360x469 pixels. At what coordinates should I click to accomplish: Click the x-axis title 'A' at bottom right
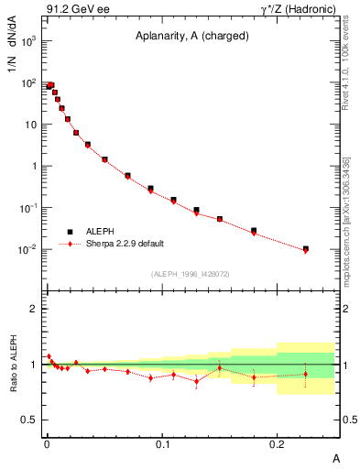(337, 457)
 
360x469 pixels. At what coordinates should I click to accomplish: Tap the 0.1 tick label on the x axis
(162, 444)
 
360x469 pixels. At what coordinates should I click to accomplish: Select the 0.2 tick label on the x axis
(278, 444)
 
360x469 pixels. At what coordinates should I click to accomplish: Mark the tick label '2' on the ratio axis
(33, 309)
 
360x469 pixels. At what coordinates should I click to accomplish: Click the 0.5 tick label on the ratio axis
(28, 420)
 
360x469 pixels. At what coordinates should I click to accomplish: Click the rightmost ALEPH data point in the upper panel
(306, 248)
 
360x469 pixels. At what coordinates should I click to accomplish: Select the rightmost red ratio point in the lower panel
(306, 374)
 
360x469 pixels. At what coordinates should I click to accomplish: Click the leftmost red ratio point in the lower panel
(49, 356)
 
